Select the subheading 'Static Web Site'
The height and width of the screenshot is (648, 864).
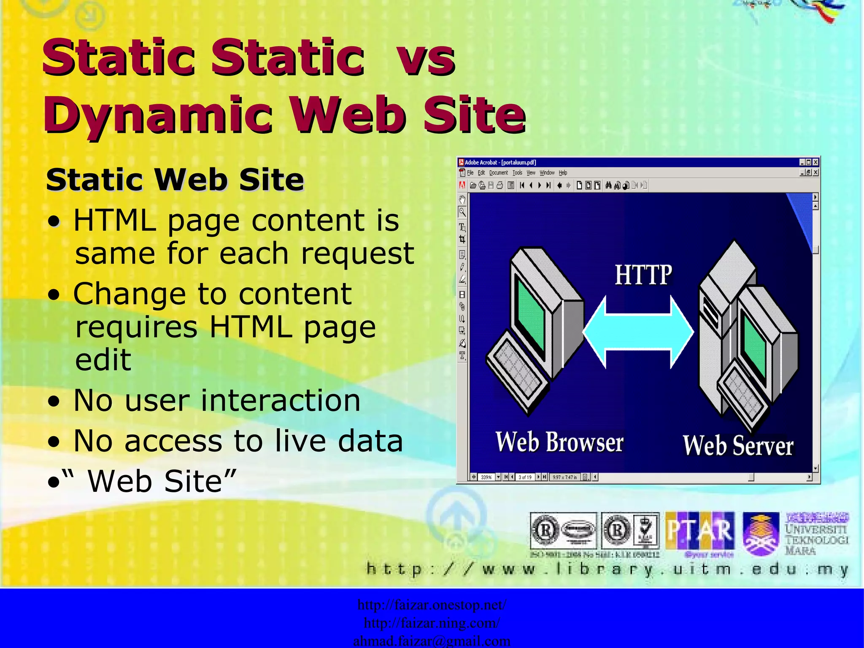click(175, 180)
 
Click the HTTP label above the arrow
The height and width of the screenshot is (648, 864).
click(643, 275)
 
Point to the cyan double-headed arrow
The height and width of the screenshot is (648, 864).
click(638, 332)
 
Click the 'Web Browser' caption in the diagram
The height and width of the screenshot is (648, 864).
click(559, 442)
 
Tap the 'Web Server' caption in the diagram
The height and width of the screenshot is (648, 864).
click(738, 445)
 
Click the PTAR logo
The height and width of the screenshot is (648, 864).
click(700, 531)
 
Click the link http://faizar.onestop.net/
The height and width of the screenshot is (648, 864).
click(432, 605)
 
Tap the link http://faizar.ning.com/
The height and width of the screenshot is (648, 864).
click(432, 623)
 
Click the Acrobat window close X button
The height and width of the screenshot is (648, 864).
click(815, 162)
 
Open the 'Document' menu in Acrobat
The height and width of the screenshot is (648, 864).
click(498, 173)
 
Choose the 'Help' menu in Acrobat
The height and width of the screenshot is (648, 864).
click(563, 173)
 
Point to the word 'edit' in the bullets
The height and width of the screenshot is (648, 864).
click(103, 360)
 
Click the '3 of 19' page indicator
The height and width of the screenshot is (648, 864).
click(525, 477)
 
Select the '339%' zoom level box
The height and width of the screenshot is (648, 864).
click(486, 477)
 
